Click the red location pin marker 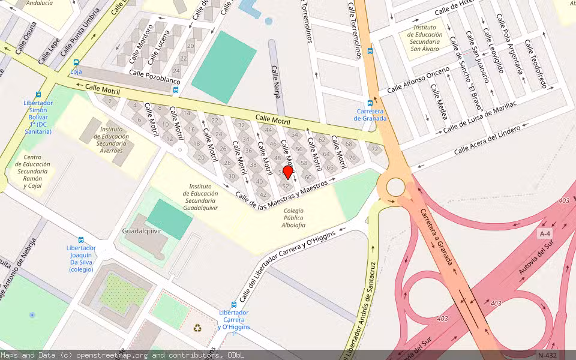pos(287,173)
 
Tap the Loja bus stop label pos(76,71)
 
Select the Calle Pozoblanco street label pos(155,80)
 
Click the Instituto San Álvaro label pos(424,38)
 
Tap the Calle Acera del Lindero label pos(487,140)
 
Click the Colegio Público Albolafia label pos(293,218)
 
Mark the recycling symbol pos(197,328)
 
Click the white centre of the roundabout pos(395,187)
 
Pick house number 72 pos(375,149)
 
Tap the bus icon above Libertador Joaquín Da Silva pos(81,239)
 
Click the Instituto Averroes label pos(112,140)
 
